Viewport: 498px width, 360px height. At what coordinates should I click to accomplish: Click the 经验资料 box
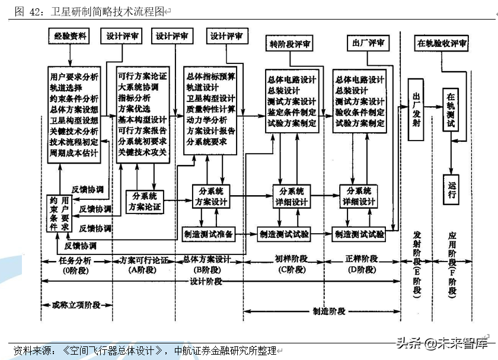[x=69, y=37]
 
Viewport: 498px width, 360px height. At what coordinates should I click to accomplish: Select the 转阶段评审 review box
[x=290, y=44]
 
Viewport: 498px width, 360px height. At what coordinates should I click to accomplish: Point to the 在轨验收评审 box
[x=442, y=43]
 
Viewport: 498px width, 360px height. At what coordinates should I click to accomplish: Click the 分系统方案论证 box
[x=145, y=202]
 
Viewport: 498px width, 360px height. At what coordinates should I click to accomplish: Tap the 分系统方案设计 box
[x=211, y=197]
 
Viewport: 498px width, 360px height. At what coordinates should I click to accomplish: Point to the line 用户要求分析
[x=75, y=77]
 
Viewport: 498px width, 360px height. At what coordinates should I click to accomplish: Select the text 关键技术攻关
[x=142, y=152]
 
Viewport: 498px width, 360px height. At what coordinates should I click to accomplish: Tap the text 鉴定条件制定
[x=292, y=112]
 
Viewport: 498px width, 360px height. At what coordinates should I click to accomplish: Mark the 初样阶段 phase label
[x=292, y=260]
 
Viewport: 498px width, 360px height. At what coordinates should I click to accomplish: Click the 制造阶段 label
[x=329, y=311]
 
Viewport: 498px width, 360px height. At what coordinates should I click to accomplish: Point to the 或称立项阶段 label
[x=71, y=304]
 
